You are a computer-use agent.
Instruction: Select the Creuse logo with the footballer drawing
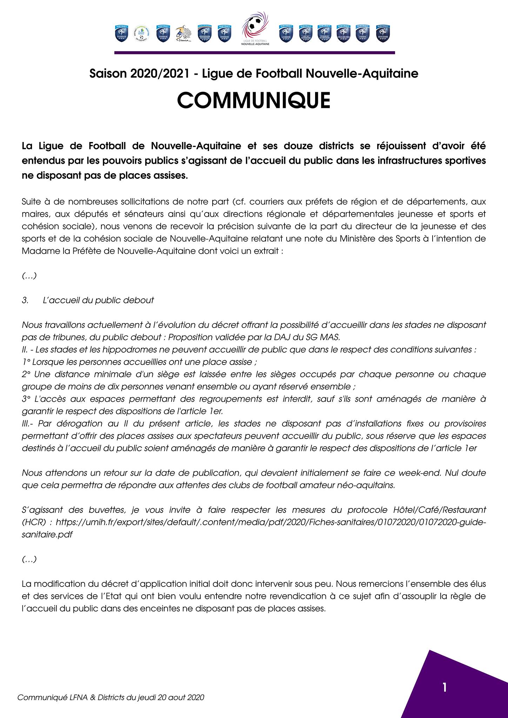183,33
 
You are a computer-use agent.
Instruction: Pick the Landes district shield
286,33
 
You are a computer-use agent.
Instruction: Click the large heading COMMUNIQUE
254,100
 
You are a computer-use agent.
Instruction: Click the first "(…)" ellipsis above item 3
29,276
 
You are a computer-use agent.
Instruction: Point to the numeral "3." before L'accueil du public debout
25,300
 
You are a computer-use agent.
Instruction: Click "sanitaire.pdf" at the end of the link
47,535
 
